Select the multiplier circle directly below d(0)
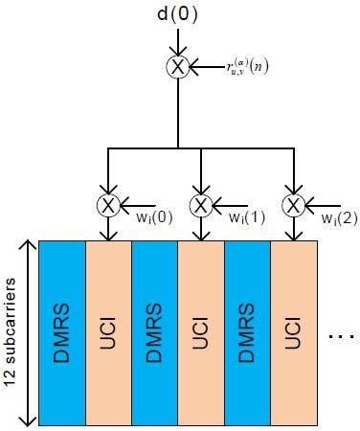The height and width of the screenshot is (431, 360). pyautogui.click(x=178, y=67)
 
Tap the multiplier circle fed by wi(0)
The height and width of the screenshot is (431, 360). pyautogui.click(x=108, y=204)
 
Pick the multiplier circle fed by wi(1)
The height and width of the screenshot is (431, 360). pyautogui.click(x=200, y=204)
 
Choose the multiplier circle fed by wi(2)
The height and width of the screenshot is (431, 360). pyautogui.click(x=292, y=204)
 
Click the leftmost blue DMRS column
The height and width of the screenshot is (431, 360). pyautogui.click(x=63, y=331)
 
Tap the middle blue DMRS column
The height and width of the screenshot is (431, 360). pyautogui.click(x=155, y=331)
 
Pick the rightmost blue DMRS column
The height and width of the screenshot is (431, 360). pyautogui.click(x=247, y=331)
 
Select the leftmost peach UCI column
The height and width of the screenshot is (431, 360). pyautogui.click(x=109, y=331)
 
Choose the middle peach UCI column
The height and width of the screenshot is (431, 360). pyautogui.click(x=201, y=331)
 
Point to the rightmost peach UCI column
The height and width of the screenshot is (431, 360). pyautogui.click(x=293, y=331)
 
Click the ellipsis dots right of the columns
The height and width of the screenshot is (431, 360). pyautogui.click(x=339, y=338)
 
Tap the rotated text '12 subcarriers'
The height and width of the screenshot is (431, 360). pyautogui.click(x=11, y=331)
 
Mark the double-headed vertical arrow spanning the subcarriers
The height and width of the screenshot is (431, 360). pyautogui.click(x=31, y=331)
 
